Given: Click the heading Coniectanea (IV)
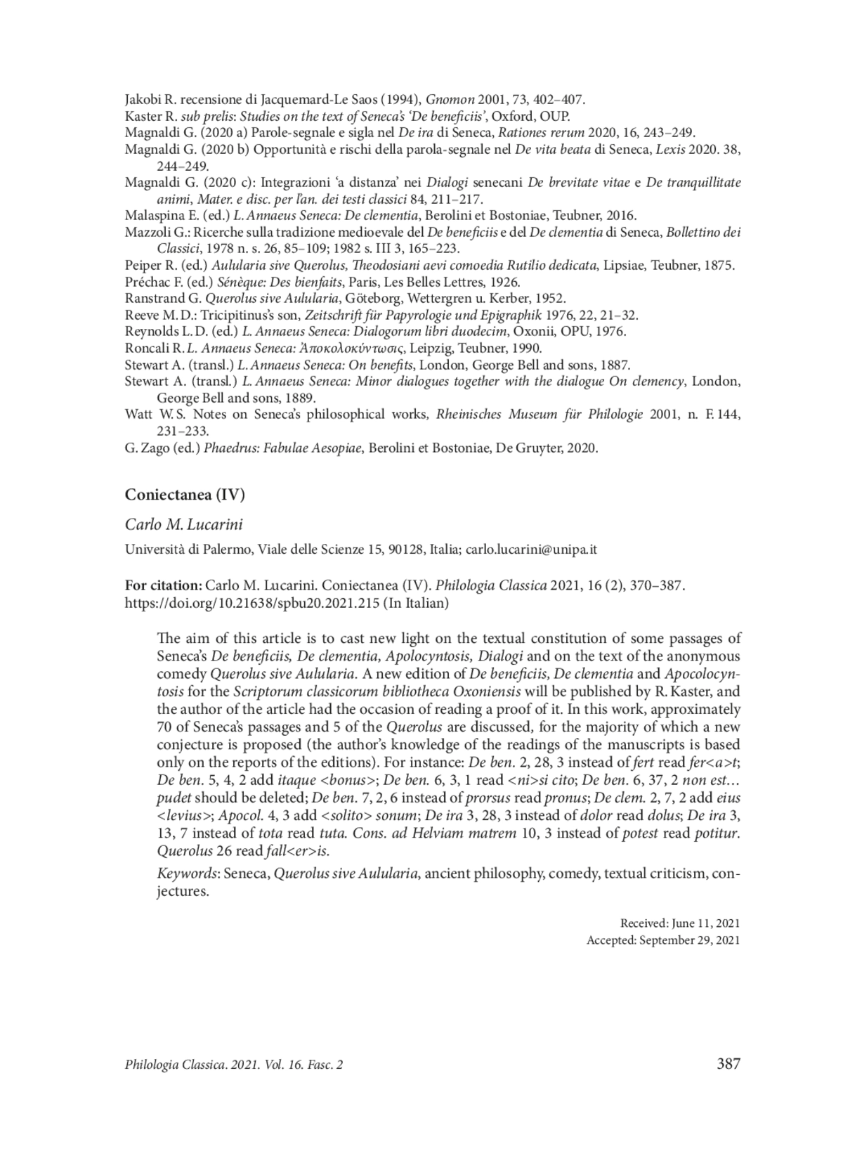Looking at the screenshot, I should click(x=185, y=495).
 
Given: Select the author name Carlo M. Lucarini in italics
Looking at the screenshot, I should click(x=183, y=525).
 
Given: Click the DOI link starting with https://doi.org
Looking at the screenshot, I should click(x=251, y=603).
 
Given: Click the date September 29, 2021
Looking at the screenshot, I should click(x=689, y=940).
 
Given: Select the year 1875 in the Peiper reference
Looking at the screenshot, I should click(x=721, y=266).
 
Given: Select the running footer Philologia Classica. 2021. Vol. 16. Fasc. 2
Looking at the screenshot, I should click(x=234, y=1065).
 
